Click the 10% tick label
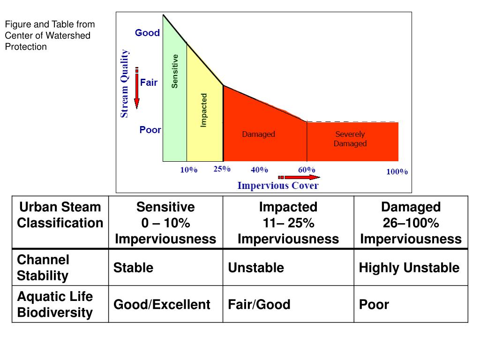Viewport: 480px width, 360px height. tap(189, 170)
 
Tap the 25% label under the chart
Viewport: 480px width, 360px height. tap(222, 169)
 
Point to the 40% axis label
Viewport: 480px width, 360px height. tap(259, 170)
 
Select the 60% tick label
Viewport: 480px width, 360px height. tap(307, 170)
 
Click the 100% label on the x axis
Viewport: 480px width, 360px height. tap(397, 172)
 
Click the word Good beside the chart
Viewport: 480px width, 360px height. tap(147, 33)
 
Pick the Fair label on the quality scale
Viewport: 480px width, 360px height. tap(149, 82)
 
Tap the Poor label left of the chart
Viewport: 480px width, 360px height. tap(150, 130)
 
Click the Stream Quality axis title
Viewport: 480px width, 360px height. tap(125, 84)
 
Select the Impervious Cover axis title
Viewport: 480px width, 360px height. tap(278, 186)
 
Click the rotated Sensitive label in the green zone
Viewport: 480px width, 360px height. tap(175, 71)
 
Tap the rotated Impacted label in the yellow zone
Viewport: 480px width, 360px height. tap(204, 110)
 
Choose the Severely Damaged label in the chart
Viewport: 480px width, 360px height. tap(350, 139)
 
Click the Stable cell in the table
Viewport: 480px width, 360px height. tap(133, 268)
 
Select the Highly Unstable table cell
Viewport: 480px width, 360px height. tap(409, 268)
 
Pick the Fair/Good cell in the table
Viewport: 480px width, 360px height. tap(259, 305)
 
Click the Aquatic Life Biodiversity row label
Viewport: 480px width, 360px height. tap(55, 304)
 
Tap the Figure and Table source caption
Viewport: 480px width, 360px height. tap(50, 35)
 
